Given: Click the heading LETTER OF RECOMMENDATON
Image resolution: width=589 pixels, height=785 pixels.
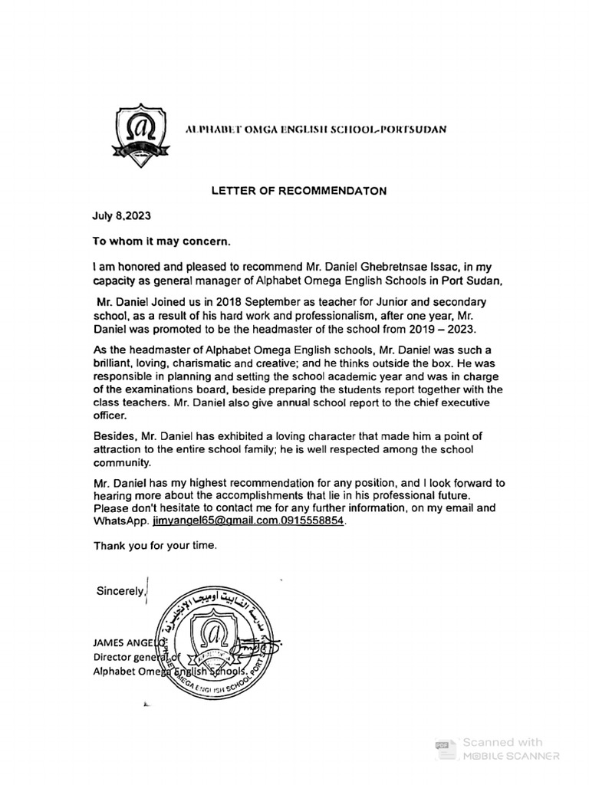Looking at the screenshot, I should pos(299,189).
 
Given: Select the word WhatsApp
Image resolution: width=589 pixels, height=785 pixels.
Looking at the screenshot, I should pos(121,521).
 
